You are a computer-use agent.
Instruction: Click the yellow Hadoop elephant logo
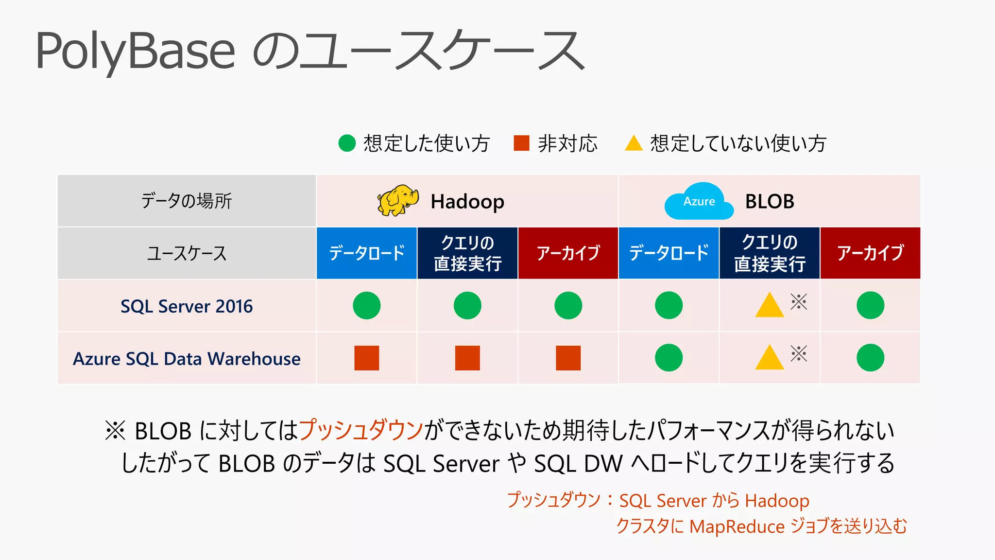click(x=397, y=200)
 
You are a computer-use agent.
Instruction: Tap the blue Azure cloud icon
click(x=699, y=202)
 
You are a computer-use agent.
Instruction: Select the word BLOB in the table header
click(x=770, y=201)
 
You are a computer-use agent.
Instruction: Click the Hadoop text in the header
click(x=467, y=202)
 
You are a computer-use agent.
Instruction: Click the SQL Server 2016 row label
click(x=187, y=306)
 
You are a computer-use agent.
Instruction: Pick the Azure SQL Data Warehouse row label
click(x=187, y=359)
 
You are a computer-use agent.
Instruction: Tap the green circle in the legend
click(x=347, y=143)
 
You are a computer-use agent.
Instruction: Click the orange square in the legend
click(x=521, y=143)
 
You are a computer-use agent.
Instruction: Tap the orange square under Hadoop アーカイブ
click(x=568, y=358)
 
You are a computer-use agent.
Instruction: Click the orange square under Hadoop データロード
click(x=366, y=358)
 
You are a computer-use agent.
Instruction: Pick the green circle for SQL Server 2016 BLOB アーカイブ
click(x=870, y=305)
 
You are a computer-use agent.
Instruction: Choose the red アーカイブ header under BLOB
click(x=870, y=253)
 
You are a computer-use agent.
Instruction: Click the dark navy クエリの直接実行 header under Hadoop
click(x=467, y=253)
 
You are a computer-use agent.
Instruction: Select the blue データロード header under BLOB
click(x=669, y=253)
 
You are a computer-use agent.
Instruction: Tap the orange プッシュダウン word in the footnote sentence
click(x=360, y=430)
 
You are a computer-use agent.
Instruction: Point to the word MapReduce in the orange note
click(x=737, y=526)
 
